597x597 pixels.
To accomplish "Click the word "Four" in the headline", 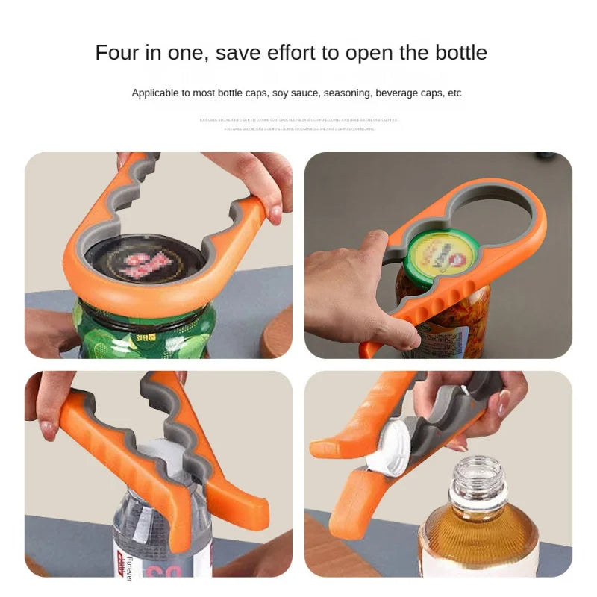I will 118,53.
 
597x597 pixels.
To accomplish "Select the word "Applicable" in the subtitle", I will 156,93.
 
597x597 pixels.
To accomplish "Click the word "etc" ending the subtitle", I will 454,93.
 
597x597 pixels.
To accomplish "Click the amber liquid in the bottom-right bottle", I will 478,537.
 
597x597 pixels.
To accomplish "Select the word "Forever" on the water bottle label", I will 129,567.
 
